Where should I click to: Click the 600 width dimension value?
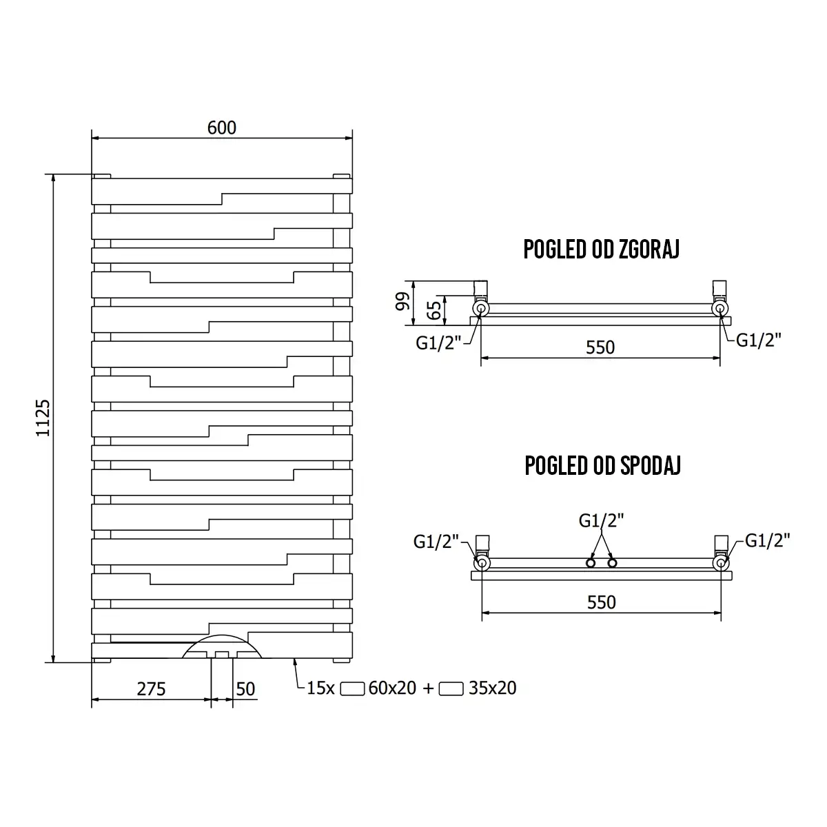[221, 128]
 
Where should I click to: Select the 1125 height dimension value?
[43, 418]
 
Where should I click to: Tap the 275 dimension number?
[151, 689]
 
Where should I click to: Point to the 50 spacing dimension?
[245, 689]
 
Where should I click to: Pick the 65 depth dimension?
[434, 310]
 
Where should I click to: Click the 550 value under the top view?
[600, 347]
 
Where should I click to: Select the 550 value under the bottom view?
[602, 602]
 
